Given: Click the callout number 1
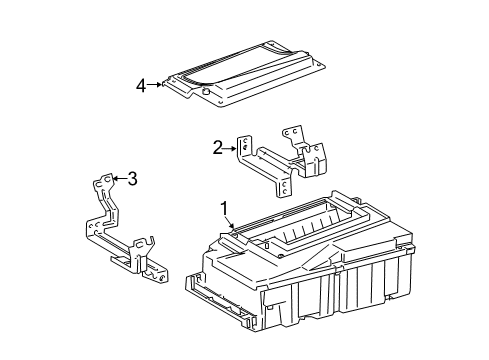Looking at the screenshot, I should (x=224, y=209).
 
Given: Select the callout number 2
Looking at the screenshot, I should (x=217, y=148).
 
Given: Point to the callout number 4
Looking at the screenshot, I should (x=142, y=85).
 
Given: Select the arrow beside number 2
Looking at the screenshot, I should (x=232, y=148).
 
